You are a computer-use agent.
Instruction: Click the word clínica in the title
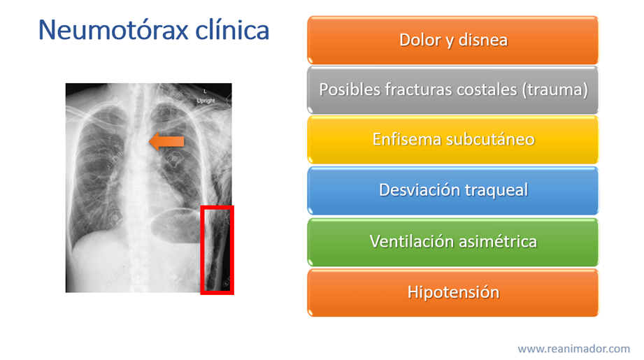tap(232, 30)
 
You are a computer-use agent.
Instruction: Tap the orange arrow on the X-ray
tap(166, 142)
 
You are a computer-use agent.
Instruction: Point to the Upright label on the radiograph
tap(206, 101)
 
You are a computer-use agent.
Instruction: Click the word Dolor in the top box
tap(419, 41)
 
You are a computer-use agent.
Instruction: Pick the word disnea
tap(483, 41)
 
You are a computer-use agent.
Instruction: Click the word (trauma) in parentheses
tap(555, 90)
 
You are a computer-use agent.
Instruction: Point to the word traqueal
tap(496, 191)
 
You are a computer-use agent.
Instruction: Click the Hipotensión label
tap(453, 293)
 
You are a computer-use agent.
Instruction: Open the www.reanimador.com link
tap(574, 349)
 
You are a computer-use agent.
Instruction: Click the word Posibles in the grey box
tap(350, 90)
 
